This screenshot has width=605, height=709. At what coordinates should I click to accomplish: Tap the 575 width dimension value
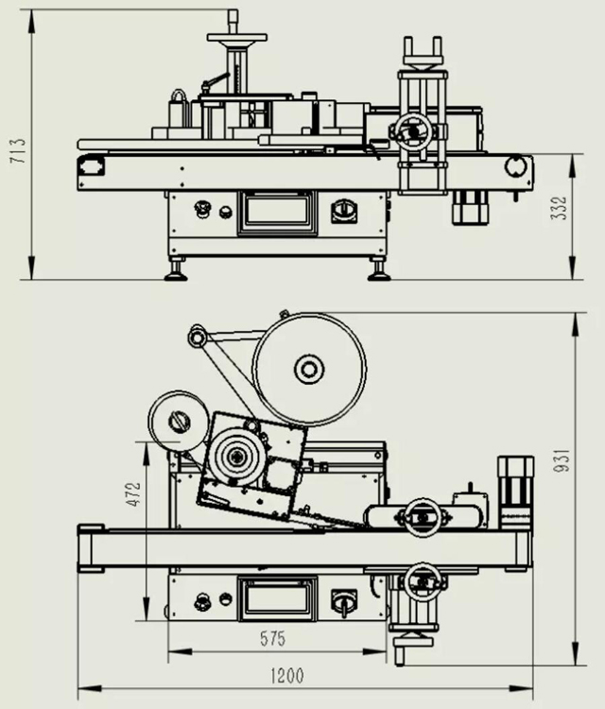tap(272, 639)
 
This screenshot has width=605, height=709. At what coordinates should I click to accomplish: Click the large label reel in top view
tap(309, 369)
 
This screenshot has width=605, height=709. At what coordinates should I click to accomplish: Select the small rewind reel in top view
tap(178, 421)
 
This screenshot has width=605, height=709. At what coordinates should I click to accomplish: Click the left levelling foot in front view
tap(174, 272)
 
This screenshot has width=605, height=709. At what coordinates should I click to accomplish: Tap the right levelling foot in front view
tap(379, 272)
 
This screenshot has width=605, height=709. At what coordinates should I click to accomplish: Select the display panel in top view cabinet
tap(276, 597)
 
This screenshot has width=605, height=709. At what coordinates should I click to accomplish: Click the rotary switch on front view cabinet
tap(344, 210)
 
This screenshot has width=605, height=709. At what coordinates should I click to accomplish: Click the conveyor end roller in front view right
tap(515, 166)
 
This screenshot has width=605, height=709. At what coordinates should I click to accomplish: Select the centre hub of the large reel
tap(309, 369)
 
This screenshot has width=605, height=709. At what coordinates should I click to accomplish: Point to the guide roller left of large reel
tap(197, 337)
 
